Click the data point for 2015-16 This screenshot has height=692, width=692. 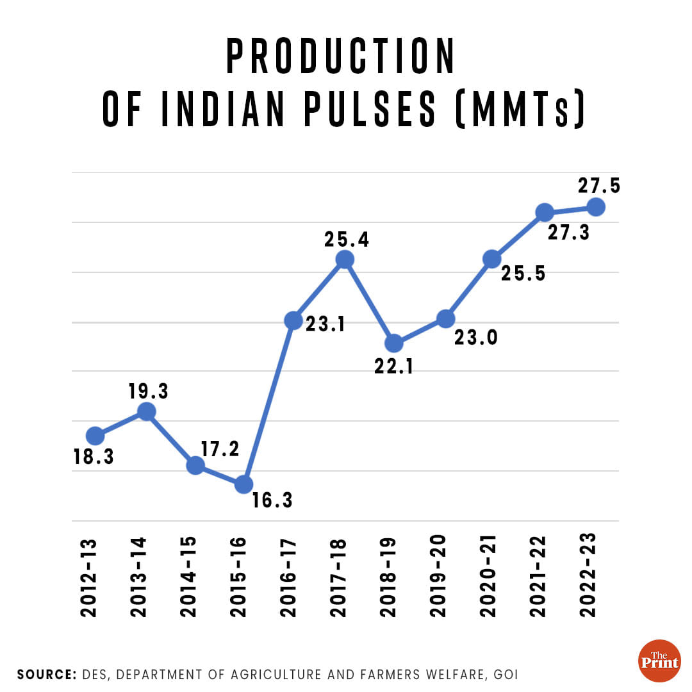(243, 484)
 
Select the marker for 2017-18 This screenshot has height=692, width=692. (345, 259)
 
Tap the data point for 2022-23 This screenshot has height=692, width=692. (596, 207)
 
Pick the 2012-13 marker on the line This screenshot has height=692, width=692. (95, 436)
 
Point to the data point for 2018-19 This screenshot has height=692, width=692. (395, 343)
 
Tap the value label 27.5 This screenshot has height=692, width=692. (599, 185)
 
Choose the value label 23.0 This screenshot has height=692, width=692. (476, 338)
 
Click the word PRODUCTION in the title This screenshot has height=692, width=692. (342, 57)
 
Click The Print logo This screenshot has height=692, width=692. (659, 660)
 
